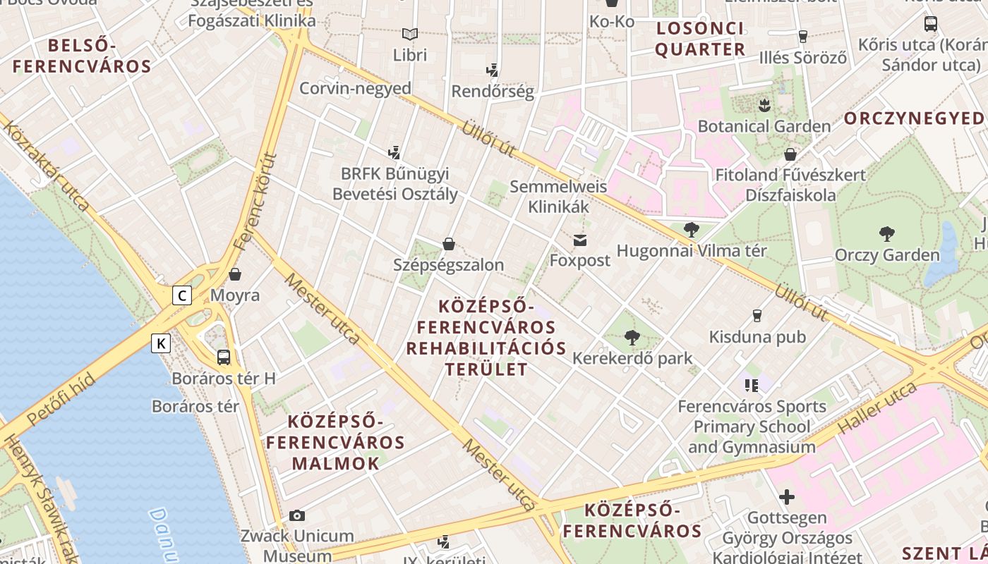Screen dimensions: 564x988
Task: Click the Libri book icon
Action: tap(410, 34)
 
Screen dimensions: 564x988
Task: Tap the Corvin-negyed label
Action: tap(355, 88)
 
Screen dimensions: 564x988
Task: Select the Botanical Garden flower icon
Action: tap(764, 106)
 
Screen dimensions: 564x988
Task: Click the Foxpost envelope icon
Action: tap(580, 240)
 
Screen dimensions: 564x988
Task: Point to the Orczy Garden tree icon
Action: tap(887, 234)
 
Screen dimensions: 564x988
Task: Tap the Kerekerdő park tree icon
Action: tap(632, 338)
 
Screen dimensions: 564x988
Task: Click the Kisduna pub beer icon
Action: tap(758, 315)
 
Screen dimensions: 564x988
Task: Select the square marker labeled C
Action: tap(182, 295)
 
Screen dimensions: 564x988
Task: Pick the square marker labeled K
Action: tap(162, 343)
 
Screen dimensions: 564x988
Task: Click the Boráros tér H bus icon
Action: tap(224, 357)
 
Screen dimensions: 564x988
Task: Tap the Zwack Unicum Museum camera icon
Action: tap(297, 515)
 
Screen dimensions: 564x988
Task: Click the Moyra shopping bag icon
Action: tap(235, 274)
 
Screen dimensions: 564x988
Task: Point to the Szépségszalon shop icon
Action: tap(448, 244)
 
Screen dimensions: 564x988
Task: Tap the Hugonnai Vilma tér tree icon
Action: tap(692, 229)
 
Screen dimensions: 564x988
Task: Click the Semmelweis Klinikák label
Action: tap(558, 197)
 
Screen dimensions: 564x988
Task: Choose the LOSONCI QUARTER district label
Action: tap(700, 39)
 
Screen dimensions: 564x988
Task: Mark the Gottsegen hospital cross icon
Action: tap(787, 497)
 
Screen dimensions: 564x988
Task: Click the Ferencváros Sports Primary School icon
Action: tap(751, 385)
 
